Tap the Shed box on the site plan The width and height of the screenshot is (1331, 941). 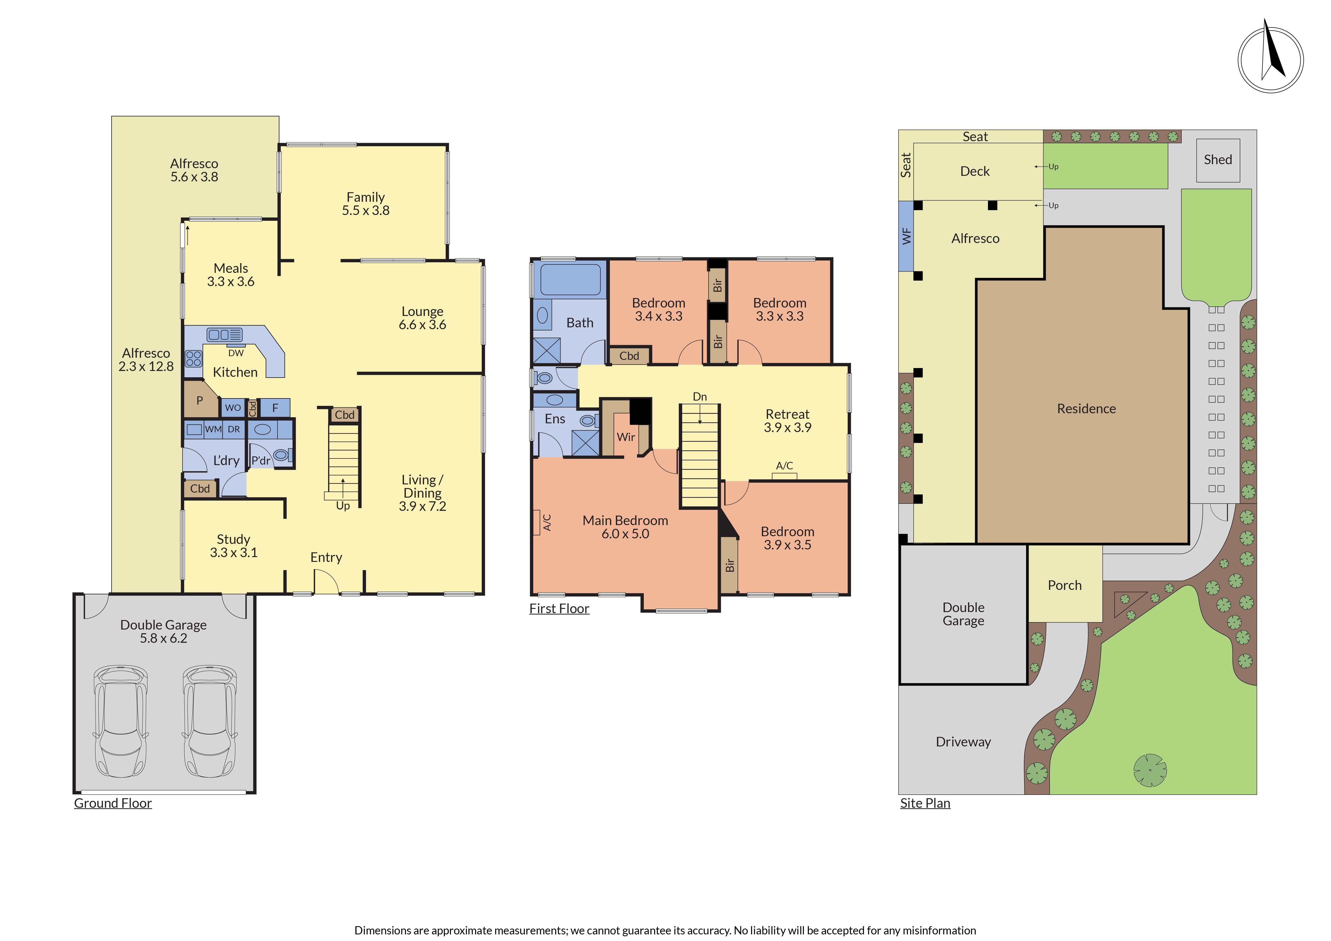click(x=1218, y=160)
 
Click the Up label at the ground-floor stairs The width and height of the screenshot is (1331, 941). click(x=343, y=506)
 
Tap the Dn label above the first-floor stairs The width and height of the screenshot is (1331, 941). click(x=700, y=397)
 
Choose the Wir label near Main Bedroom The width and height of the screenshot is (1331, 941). click(x=626, y=437)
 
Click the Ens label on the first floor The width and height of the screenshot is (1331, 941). click(x=555, y=419)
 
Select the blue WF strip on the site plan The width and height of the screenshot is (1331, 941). click(x=906, y=236)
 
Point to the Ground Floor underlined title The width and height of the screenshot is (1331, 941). click(x=113, y=803)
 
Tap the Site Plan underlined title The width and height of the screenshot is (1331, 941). click(x=925, y=803)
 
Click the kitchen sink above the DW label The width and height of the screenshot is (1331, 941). click(x=225, y=334)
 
